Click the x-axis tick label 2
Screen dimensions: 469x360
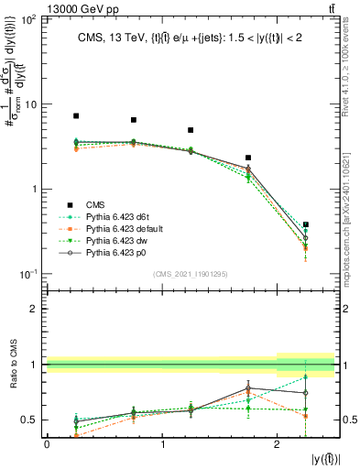click(x=278, y=443)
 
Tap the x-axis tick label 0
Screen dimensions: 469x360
click(x=47, y=443)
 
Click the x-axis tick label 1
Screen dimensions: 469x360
click(x=162, y=443)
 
